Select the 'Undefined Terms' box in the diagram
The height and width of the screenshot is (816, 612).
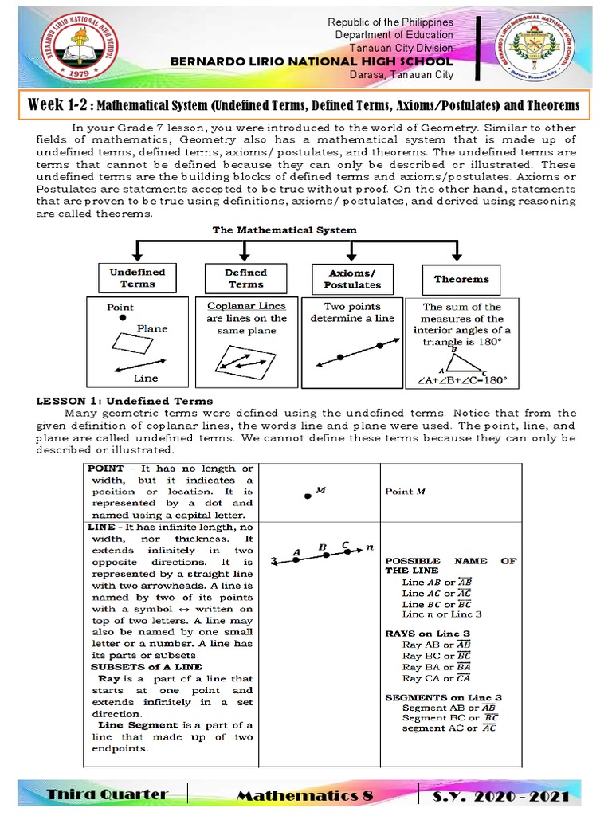click(x=138, y=277)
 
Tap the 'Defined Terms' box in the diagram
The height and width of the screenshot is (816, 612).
click(x=245, y=277)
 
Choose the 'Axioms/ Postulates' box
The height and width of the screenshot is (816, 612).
click(x=352, y=279)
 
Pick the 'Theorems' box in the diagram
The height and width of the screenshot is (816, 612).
click(x=461, y=279)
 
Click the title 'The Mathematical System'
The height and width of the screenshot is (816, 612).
click(x=284, y=229)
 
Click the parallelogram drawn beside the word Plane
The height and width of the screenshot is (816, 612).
click(x=132, y=342)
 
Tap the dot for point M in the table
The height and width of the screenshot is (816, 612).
click(x=307, y=496)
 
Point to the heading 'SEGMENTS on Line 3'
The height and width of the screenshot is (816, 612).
click(x=443, y=697)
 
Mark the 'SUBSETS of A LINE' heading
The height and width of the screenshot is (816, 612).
click(x=146, y=666)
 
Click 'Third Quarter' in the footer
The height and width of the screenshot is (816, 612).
click(x=107, y=794)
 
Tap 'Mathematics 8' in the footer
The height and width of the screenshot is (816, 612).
click(x=303, y=795)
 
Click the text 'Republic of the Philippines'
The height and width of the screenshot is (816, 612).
click(x=390, y=22)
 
